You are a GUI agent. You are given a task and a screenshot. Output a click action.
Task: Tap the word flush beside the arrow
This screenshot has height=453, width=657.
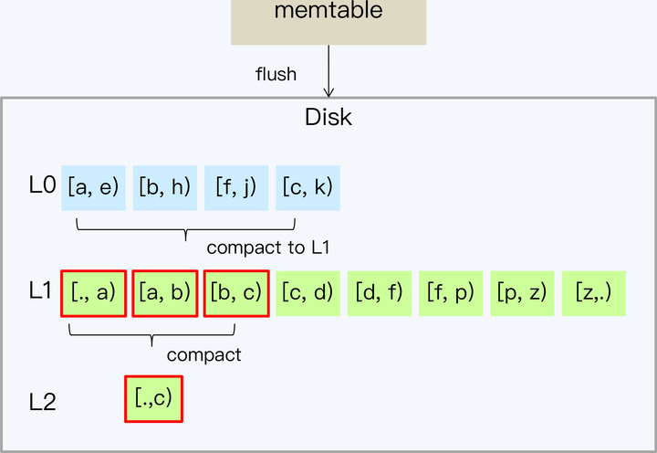click(x=276, y=74)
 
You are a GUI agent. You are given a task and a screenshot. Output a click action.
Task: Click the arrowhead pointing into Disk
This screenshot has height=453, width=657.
click(x=328, y=90)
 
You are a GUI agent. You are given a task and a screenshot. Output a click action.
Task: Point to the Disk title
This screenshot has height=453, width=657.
click(x=328, y=118)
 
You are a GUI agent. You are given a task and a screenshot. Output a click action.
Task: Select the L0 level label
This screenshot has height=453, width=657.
click(x=42, y=186)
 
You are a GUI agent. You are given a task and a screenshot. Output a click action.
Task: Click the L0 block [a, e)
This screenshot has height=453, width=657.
click(x=94, y=187)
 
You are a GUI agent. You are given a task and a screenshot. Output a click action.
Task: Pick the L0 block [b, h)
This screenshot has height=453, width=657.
click(x=165, y=187)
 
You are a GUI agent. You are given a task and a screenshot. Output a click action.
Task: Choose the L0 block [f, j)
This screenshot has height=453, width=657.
click(x=236, y=187)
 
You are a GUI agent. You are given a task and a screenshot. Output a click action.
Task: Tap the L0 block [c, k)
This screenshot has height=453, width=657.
click(x=308, y=187)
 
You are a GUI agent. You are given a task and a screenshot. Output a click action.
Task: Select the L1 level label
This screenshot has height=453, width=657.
click(x=42, y=292)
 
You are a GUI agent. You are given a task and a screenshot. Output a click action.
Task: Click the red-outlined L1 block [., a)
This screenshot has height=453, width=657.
click(x=93, y=293)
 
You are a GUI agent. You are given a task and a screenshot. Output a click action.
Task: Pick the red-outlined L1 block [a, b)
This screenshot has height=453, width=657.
click(x=164, y=293)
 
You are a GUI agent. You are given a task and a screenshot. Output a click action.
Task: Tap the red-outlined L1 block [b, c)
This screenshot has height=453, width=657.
click(x=236, y=293)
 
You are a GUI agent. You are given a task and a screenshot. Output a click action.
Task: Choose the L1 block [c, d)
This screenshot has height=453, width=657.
click(x=308, y=293)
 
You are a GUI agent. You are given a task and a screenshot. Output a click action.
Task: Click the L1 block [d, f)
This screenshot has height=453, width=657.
click(x=380, y=293)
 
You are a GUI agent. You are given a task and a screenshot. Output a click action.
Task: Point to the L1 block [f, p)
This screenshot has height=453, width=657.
click(x=451, y=293)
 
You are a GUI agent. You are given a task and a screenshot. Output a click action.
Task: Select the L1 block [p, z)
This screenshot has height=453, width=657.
click(x=522, y=293)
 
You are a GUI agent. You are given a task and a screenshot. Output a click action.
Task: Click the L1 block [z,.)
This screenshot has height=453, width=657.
click(x=593, y=293)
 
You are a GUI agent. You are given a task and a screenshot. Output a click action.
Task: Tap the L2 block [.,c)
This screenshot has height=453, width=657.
click(x=153, y=398)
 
